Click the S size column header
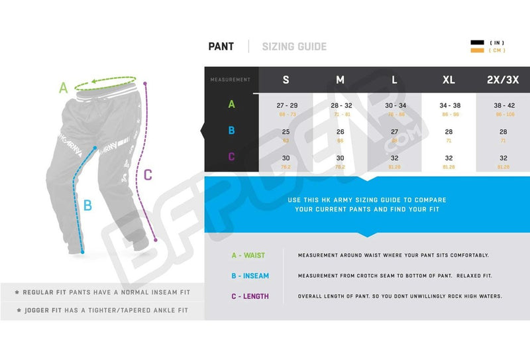(286, 80)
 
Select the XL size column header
(449, 80)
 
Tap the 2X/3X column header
(503, 80)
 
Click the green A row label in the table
(231, 104)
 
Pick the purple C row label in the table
(231, 157)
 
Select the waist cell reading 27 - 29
(286, 105)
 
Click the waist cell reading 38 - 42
(503, 105)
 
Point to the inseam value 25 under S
(286, 132)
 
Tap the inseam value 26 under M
(340, 132)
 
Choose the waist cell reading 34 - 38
(449, 105)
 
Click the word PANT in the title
(221, 46)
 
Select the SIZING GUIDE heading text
(294, 46)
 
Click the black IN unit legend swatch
(477, 43)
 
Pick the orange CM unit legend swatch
(477, 50)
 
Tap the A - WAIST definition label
(248, 255)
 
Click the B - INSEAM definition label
(250, 276)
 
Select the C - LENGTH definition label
(250, 296)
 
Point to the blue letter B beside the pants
(87, 205)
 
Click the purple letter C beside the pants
(148, 175)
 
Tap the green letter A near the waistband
(64, 87)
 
